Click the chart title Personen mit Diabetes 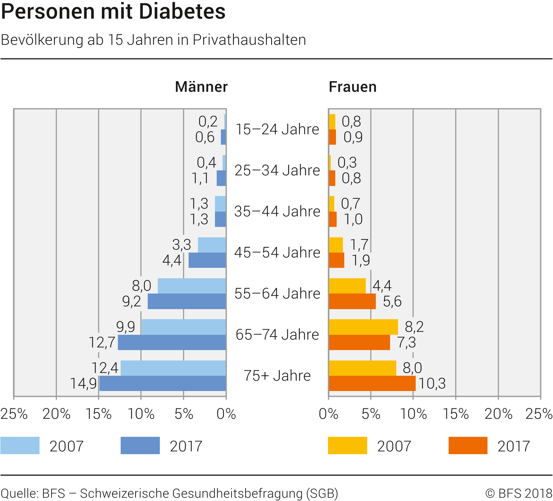[x=113, y=11]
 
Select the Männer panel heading [x=201, y=87]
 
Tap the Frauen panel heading [x=352, y=87]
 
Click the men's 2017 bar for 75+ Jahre [x=163, y=383]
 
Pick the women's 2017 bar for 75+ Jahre [x=372, y=383]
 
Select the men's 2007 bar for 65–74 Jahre [x=184, y=327]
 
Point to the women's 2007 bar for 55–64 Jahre [x=347, y=286]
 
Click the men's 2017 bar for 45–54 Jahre [x=207, y=260]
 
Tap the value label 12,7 [x=102, y=342]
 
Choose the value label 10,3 [x=432, y=383]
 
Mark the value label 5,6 [x=392, y=302]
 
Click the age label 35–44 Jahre [x=277, y=211]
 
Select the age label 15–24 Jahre [x=277, y=129]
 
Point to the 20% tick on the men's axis [x=56, y=414]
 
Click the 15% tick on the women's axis [x=456, y=414]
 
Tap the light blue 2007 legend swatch [x=20, y=445]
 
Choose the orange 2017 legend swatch [x=468, y=445]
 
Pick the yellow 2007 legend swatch [x=347, y=445]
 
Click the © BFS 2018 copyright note [x=518, y=493]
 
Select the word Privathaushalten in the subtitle [x=249, y=40]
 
